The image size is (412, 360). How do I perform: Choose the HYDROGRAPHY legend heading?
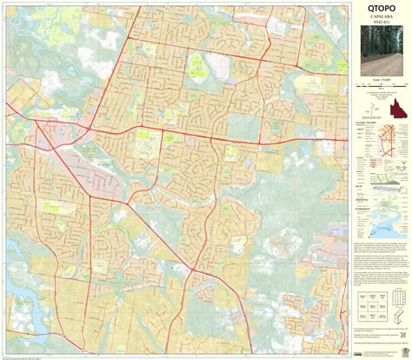pos(366,209)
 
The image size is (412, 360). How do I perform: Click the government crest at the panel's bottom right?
pos(402,349)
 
